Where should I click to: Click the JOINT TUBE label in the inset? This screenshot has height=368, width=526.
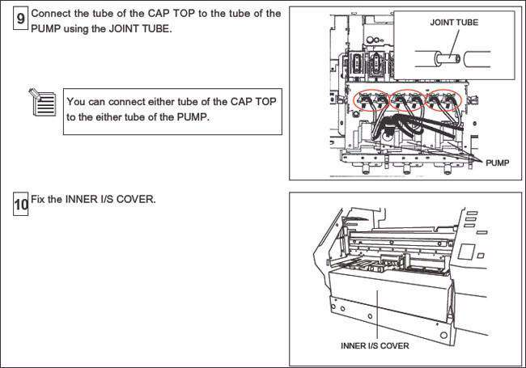[x=454, y=23]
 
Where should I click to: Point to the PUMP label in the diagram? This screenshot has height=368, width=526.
[x=498, y=163]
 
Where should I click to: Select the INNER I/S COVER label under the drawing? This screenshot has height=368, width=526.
[x=375, y=345]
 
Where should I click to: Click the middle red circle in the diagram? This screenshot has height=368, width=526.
[x=408, y=101]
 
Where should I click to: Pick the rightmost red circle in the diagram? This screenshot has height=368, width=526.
[x=444, y=101]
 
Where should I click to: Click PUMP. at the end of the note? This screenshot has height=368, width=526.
[x=193, y=117]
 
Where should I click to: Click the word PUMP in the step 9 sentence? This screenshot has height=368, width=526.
[x=48, y=28]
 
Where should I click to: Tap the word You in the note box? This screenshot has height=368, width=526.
[x=76, y=103]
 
